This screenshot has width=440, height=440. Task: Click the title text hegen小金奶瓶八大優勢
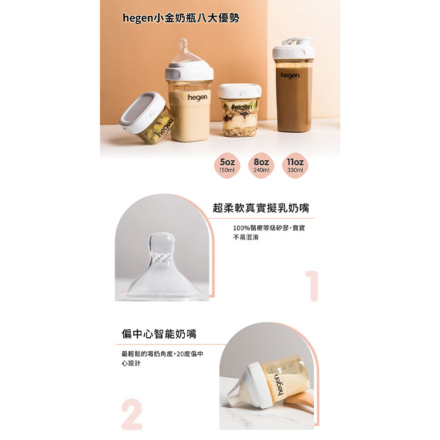tap(181, 18)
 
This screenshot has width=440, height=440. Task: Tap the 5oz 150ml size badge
tap(227, 165)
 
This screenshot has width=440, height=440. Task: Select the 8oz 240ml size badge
tap(261, 165)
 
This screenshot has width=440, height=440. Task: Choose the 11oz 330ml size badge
tap(295, 165)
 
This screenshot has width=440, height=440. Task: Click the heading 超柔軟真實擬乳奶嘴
tap(261, 208)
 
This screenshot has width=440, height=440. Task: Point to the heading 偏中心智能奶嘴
tap(159, 334)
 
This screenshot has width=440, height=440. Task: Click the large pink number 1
tap(312, 286)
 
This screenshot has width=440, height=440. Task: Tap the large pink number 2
tap(131, 414)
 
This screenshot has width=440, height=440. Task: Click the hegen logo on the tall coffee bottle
tap(290, 75)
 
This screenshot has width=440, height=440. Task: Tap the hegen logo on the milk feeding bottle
tap(198, 97)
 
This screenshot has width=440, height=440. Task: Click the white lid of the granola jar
tap(239, 91)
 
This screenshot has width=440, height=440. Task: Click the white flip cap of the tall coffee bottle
tap(293, 48)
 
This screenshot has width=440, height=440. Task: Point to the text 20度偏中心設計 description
tap(162, 358)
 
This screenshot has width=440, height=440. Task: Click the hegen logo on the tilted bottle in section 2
tap(280, 385)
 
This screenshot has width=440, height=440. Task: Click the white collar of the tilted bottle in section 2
tap(260, 385)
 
